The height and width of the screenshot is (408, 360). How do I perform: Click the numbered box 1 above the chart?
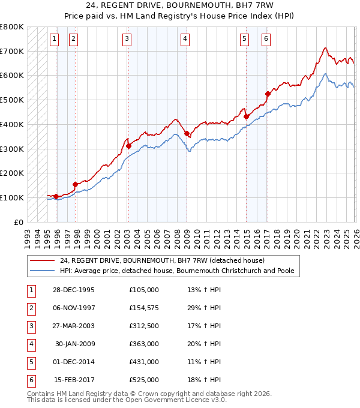point(54,39)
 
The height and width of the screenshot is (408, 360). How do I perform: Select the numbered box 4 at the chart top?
point(185,39)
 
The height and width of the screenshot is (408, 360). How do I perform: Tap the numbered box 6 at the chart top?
point(265,39)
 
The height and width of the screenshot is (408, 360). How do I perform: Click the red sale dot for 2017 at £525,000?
point(268,94)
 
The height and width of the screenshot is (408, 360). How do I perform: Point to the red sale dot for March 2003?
point(128,146)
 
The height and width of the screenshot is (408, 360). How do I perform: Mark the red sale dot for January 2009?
point(187,133)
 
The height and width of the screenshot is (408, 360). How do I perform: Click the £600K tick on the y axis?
point(12,76)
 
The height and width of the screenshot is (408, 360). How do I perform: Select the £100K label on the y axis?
point(12,197)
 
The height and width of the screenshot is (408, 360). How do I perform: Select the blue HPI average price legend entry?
point(177,271)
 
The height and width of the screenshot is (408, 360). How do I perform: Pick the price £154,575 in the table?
point(143,308)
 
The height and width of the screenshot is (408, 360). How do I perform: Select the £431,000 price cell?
point(143,362)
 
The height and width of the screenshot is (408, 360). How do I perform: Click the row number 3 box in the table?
point(30,326)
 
